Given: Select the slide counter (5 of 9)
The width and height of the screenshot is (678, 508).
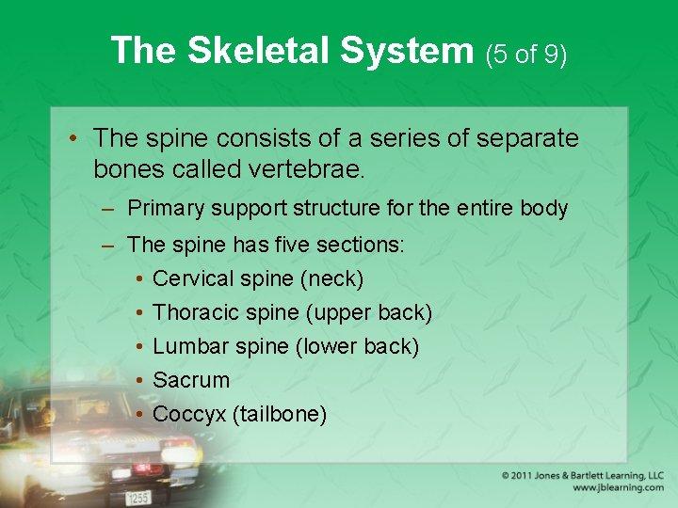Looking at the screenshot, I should (526, 55).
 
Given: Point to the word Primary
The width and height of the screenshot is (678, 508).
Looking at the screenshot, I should (166, 208).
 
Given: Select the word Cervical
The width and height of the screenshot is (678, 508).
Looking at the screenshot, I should (193, 278).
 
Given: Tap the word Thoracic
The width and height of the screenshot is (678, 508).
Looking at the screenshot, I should (194, 312).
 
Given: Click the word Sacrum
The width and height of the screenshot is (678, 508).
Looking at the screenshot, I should (191, 380).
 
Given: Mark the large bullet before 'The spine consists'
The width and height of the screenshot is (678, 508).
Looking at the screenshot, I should (74, 139).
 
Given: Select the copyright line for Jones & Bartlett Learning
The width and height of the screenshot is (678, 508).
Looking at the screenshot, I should (582, 476).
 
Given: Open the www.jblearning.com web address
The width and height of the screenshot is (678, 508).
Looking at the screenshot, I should (617, 488).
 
